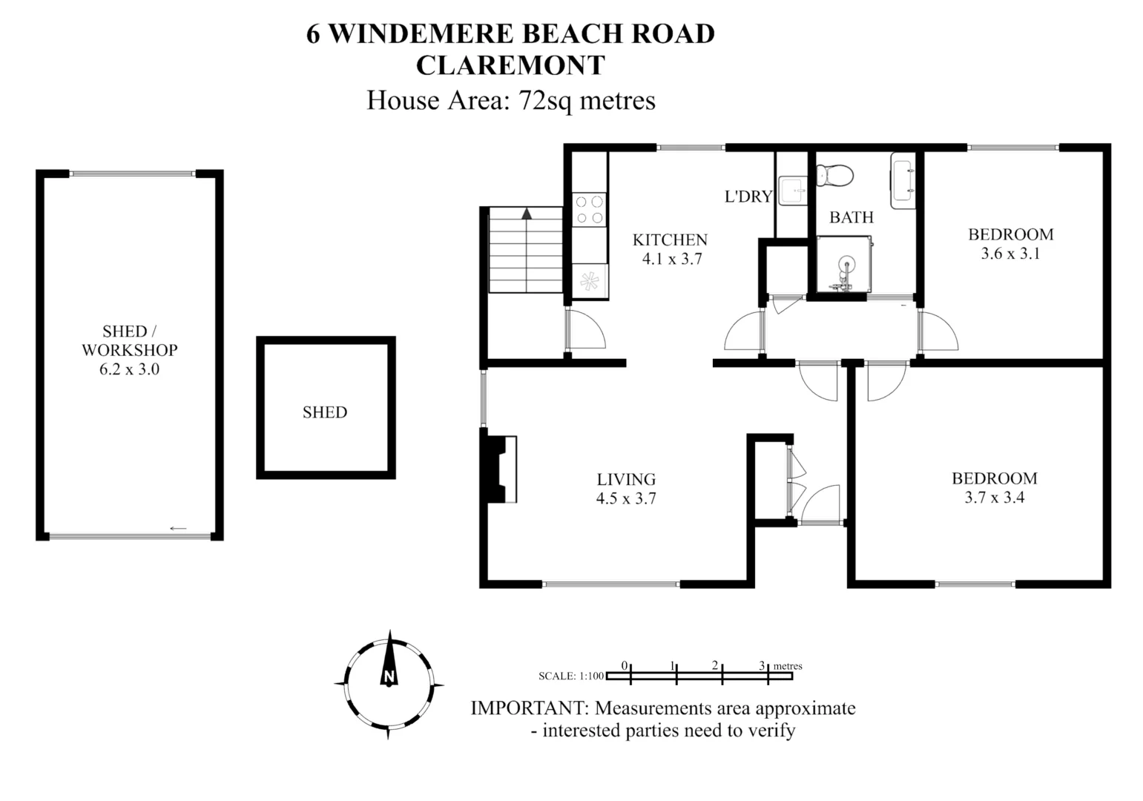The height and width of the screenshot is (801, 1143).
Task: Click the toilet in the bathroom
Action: [x=835, y=176]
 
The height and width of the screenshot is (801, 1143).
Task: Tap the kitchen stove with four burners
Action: [x=589, y=209]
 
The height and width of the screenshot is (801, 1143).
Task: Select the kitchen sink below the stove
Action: [x=590, y=281]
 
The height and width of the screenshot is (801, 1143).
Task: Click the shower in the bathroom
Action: [x=843, y=265]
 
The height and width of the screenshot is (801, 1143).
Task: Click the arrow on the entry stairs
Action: [x=527, y=214]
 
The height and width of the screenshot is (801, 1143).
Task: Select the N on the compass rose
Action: [x=388, y=676]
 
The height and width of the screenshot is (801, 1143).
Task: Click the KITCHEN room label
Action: [x=670, y=240]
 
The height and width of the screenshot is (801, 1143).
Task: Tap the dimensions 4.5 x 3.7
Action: [x=626, y=498]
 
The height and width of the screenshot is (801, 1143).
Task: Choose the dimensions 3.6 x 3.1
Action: [x=1010, y=254]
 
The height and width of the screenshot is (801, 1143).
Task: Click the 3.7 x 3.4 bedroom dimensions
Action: [x=994, y=498]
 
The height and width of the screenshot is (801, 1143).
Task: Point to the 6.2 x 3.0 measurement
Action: [x=129, y=369]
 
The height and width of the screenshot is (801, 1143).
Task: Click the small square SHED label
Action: [x=325, y=412]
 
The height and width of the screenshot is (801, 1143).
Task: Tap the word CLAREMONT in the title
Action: [x=510, y=65]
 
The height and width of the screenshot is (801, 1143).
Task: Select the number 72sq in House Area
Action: [x=545, y=100]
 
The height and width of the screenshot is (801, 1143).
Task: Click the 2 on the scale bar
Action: [x=715, y=665]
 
